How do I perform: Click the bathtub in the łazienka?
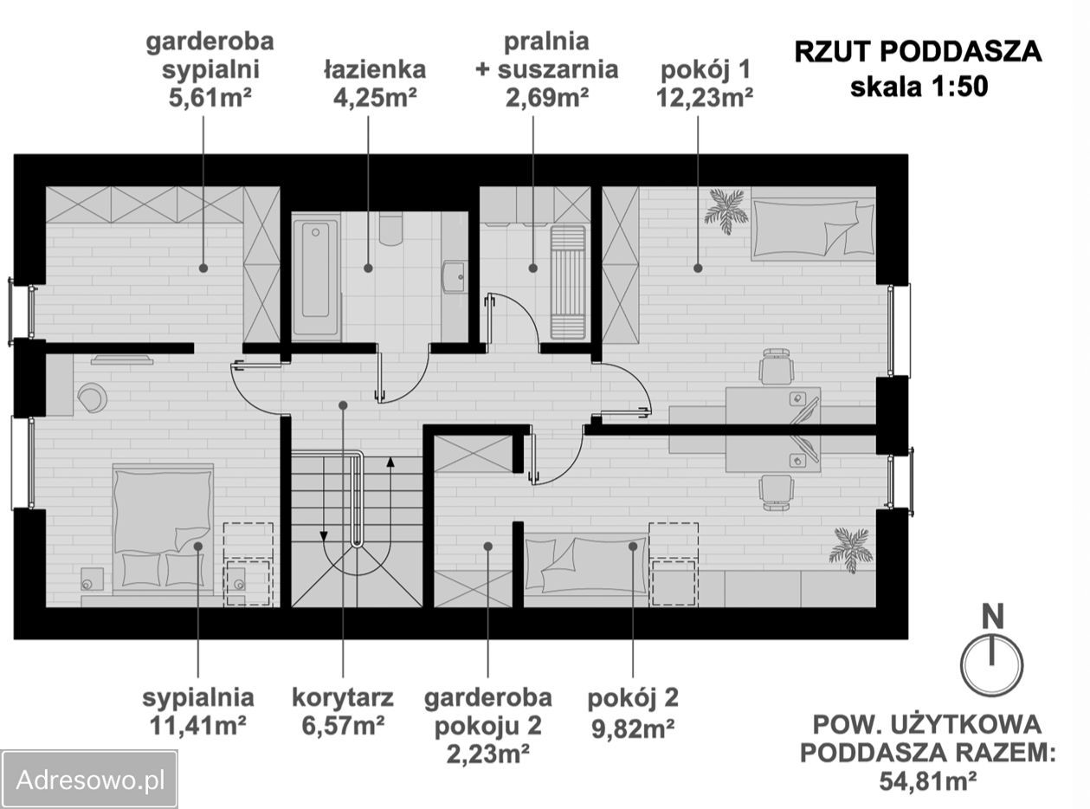315,279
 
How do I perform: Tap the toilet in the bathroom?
390,229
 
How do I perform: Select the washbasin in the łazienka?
454,277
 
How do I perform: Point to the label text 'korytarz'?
343,697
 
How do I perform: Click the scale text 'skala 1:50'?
919,87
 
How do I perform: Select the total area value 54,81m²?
928,780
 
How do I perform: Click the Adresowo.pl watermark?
90,779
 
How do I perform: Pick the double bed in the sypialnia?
163,528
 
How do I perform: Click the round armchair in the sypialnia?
92,398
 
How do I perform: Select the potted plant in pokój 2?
850,548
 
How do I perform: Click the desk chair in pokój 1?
775,366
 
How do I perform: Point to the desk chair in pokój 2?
775,491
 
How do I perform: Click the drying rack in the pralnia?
568,282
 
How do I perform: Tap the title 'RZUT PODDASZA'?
919,52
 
